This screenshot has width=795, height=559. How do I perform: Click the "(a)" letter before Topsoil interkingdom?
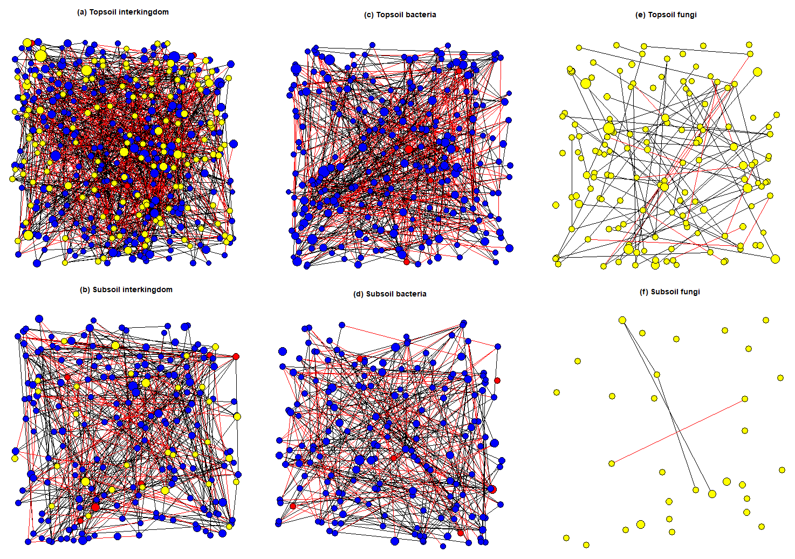[82, 12]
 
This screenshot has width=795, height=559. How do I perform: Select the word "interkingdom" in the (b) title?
[146, 289]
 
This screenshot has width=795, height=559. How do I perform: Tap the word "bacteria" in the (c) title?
[421, 15]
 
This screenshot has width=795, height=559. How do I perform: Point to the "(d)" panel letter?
[358, 294]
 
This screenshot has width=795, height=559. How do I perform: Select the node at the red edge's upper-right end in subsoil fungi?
[745, 399]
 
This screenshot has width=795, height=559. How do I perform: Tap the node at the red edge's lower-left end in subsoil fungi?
[612, 464]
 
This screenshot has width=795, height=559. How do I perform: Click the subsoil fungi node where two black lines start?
[622, 320]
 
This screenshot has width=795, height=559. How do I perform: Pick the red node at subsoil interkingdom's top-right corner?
[236, 356]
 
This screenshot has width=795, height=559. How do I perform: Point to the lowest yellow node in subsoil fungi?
[586, 545]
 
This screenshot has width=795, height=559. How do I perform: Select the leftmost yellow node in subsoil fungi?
[557, 392]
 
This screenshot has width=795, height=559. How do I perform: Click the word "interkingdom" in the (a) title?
[143, 12]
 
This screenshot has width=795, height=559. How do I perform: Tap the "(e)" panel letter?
[640, 15]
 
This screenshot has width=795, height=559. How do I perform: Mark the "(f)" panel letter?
[643, 292]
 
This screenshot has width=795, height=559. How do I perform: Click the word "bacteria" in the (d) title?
[412, 294]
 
